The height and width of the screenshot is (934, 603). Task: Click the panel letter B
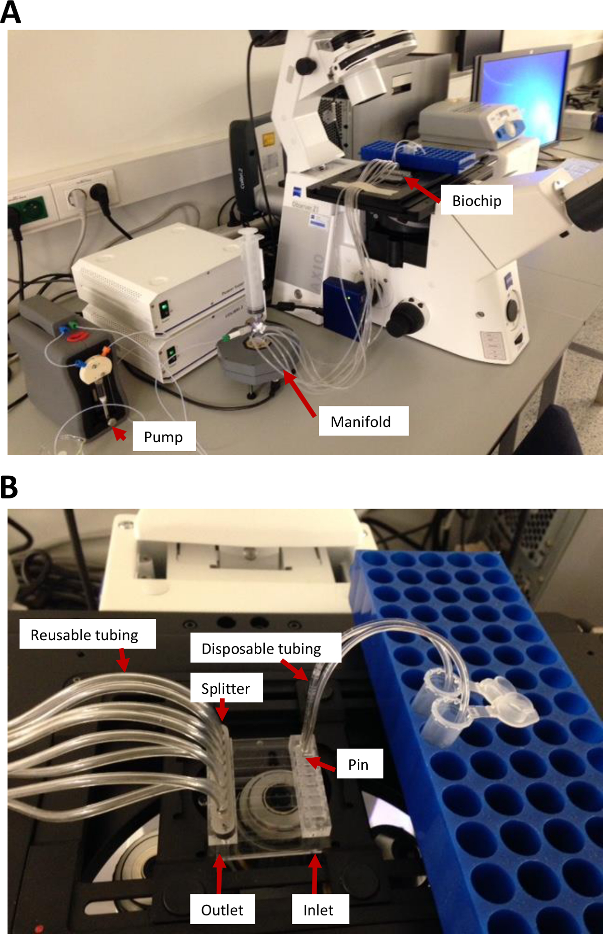click(x=9, y=487)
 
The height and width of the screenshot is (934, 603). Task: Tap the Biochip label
click(x=476, y=200)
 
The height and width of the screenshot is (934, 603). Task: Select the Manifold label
click(x=361, y=421)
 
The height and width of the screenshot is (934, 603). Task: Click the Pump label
click(x=163, y=437)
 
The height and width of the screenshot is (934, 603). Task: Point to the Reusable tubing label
click(x=84, y=635)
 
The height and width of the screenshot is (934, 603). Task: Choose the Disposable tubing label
click(x=261, y=648)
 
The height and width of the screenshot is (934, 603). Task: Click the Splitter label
click(x=226, y=688)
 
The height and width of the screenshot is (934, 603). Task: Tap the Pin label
click(x=358, y=764)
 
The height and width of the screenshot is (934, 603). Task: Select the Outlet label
click(x=222, y=909)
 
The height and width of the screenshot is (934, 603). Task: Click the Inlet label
click(x=319, y=909)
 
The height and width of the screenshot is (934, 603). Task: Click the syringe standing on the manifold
click(x=252, y=271)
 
